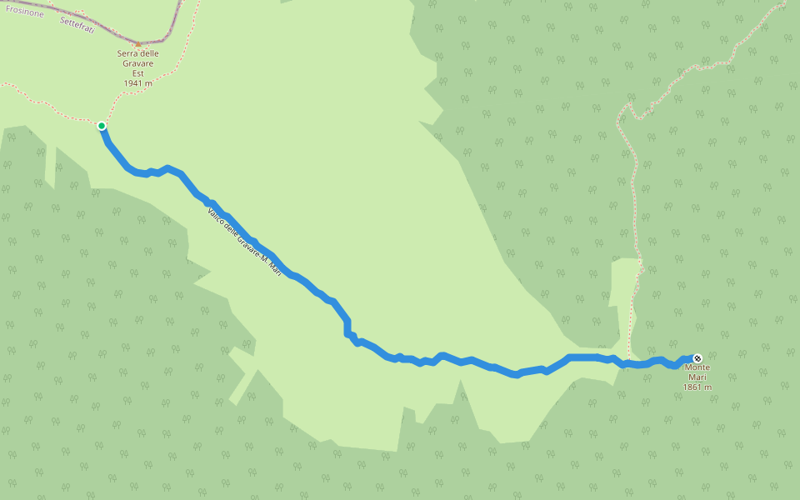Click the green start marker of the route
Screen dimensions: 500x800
click(x=102, y=126)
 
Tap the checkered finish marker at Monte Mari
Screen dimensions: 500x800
click(x=697, y=358)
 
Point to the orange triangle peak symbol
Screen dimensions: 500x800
click(x=138, y=44)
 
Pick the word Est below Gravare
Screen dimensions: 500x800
click(x=138, y=73)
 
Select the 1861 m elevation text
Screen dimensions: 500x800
click(x=697, y=387)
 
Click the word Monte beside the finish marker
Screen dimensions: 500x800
click(x=697, y=368)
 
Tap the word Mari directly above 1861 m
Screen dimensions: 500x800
click(x=697, y=377)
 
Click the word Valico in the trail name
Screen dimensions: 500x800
click(x=216, y=216)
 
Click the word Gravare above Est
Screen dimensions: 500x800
click(x=138, y=63)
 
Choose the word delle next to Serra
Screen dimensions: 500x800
click(x=150, y=54)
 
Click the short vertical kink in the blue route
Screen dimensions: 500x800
click(x=347, y=327)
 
